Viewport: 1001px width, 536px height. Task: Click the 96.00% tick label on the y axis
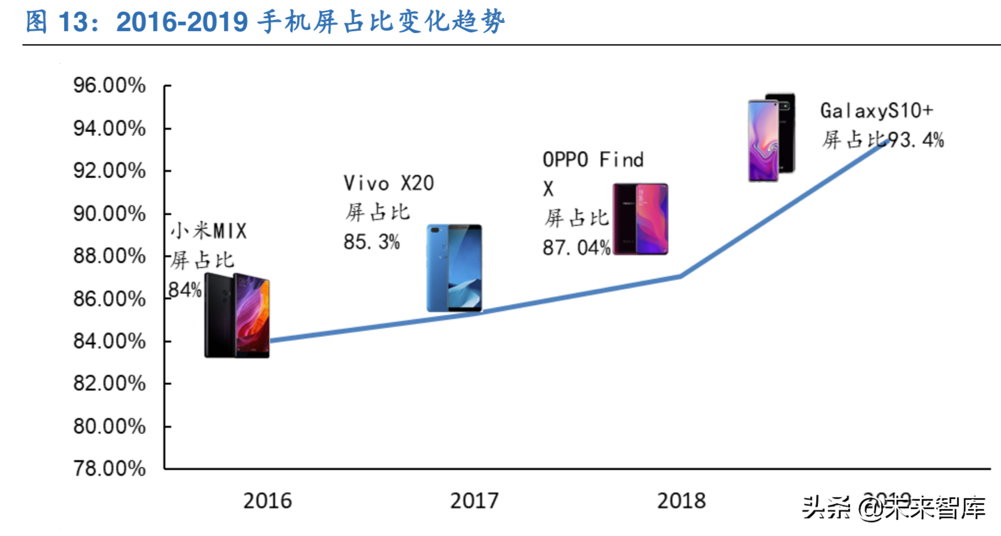coord(109,86)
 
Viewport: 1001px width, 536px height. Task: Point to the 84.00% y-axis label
coord(109,341)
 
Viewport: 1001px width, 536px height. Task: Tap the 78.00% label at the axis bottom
coord(109,469)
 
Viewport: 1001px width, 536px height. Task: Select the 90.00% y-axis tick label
coord(109,214)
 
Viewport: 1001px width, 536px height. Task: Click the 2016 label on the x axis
coord(267,501)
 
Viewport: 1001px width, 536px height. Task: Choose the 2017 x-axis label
coord(474,501)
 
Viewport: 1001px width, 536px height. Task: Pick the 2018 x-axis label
coord(681,501)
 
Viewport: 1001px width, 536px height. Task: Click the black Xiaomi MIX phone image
coord(237,316)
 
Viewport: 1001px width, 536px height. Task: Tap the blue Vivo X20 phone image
coord(454,268)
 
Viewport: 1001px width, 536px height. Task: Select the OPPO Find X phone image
coord(640,219)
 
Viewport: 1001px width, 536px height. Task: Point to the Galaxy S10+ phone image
coord(771,137)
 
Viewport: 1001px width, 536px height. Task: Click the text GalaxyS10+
coord(876,110)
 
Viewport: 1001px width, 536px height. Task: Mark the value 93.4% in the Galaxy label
coord(916,140)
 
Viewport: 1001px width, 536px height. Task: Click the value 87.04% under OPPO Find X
coord(576,247)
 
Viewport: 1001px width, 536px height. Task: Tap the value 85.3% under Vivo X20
coord(372,241)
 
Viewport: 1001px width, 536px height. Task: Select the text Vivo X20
coord(388,183)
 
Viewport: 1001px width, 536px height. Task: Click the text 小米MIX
coord(208,230)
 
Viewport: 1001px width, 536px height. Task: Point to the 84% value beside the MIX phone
coord(185,290)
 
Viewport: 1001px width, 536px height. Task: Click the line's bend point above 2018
coord(681,276)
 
